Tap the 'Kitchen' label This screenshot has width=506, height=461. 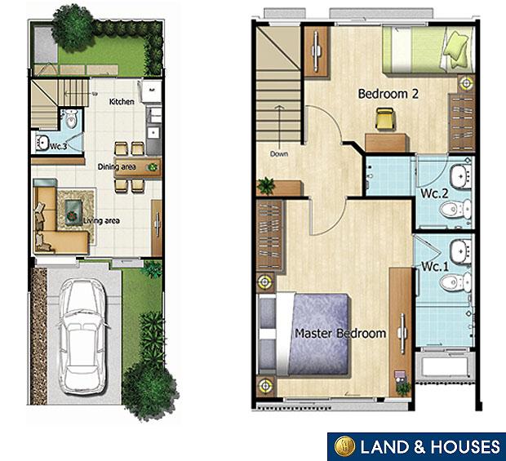[x=122, y=102]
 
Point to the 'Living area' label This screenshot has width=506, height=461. [x=101, y=220]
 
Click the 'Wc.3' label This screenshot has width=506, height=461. [x=57, y=147]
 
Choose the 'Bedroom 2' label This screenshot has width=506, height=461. [x=388, y=94]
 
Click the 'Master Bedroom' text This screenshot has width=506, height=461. [x=340, y=333]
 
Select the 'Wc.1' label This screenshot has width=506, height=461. [x=435, y=266]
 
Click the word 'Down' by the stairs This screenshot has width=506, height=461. [x=279, y=153]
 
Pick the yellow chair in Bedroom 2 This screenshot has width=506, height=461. [x=384, y=120]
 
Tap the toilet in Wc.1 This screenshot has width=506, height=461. [x=451, y=282]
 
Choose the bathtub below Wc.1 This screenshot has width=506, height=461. [x=445, y=369]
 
